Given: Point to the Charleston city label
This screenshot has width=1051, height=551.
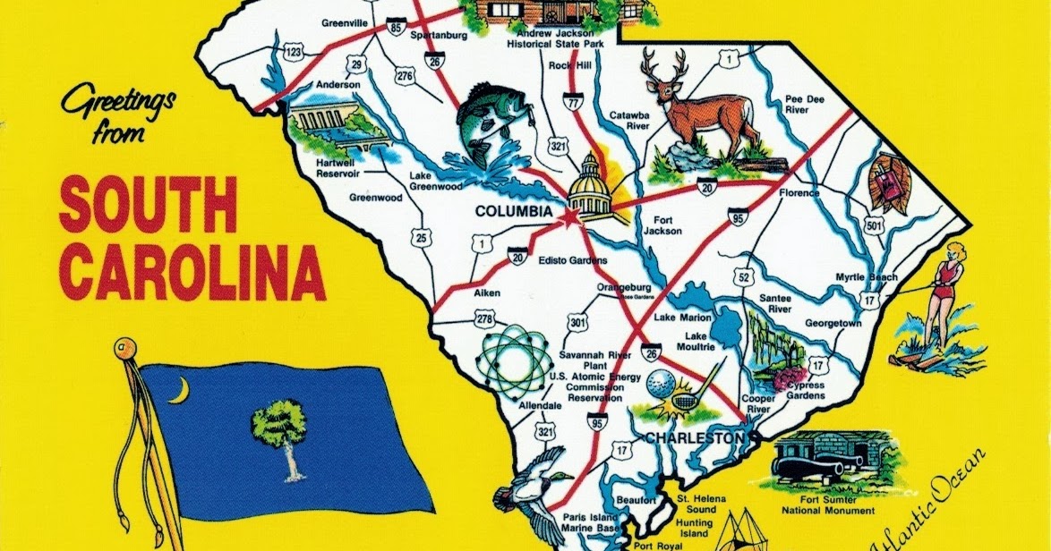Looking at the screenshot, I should pos(695,438).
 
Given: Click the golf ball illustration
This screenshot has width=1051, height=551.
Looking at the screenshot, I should pos(658,385).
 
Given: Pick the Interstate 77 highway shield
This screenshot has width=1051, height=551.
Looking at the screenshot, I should pos(573,103).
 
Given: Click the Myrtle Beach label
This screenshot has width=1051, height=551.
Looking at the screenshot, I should pos(866,276).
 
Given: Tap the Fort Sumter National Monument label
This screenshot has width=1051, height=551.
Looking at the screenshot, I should pos(825,504).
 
